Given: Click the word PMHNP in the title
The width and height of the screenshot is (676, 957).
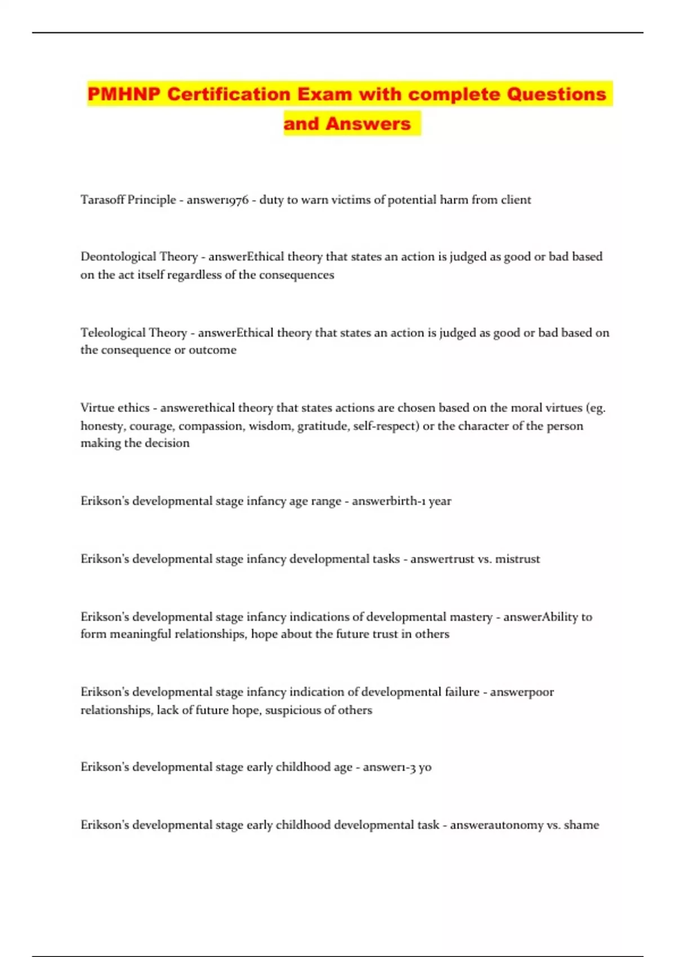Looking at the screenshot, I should pos(124,94).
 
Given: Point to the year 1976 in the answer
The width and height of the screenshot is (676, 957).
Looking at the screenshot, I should pos(237,200).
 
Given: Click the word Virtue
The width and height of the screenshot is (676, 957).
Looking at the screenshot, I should pos(97,408).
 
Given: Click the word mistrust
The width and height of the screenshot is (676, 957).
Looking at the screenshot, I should pos(517,559).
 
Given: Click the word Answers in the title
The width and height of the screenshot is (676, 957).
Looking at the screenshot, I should pos(368,123).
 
